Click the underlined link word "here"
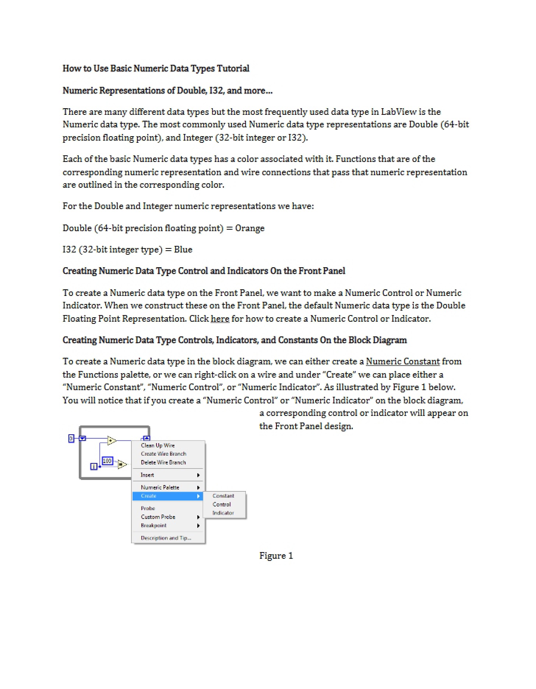click(220, 318)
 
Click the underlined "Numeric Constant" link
click(403, 361)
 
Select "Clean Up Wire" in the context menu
click(158, 445)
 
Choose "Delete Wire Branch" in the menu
click(163, 462)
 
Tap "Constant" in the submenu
click(223, 496)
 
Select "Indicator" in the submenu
click(223, 513)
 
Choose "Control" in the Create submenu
click(222, 504)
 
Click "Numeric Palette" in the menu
click(160, 487)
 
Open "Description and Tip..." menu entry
click(166, 538)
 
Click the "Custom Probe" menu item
click(158, 517)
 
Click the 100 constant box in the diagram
click(107, 461)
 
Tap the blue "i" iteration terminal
click(94, 467)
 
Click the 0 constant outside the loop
click(71, 438)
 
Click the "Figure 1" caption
click(276, 555)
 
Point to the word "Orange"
click(250, 228)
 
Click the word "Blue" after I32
click(183, 250)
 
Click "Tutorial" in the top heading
click(233, 68)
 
